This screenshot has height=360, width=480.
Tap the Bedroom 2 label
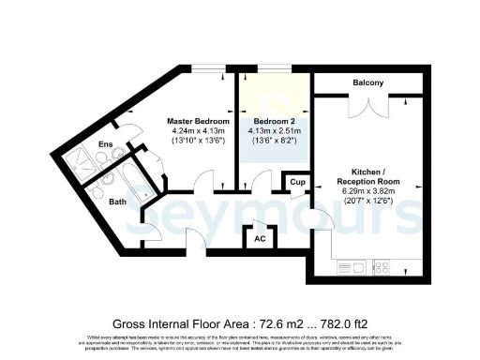click(273, 122)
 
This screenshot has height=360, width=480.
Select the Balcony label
click(367, 83)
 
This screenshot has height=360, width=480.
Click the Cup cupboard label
click(296, 181)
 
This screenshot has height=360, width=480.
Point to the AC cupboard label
click(261, 238)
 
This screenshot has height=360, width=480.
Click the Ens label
click(108, 145)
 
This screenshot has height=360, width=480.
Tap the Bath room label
click(117, 202)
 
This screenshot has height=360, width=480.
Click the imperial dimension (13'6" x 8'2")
click(273, 142)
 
